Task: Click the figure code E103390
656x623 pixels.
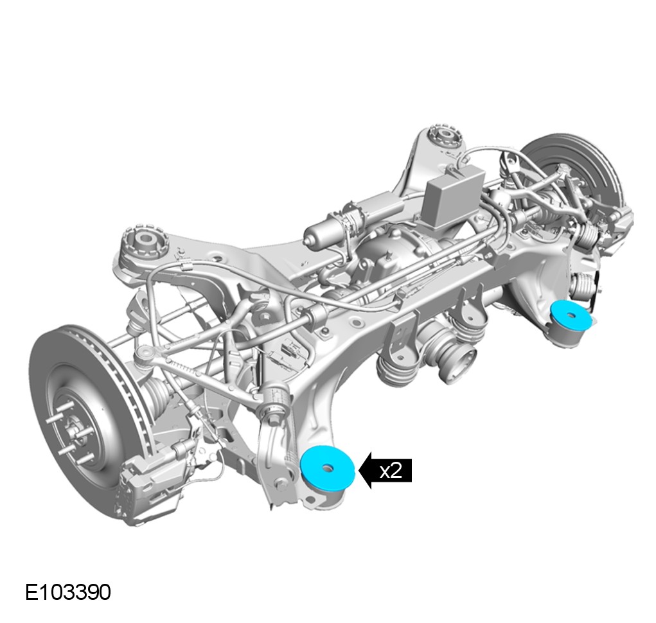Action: (67, 592)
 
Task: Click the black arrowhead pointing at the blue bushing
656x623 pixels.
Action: (366, 470)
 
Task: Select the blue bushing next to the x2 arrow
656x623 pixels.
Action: (328, 467)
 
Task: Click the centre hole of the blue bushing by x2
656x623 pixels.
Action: (328, 468)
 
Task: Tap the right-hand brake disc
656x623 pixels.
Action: (578, 167)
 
